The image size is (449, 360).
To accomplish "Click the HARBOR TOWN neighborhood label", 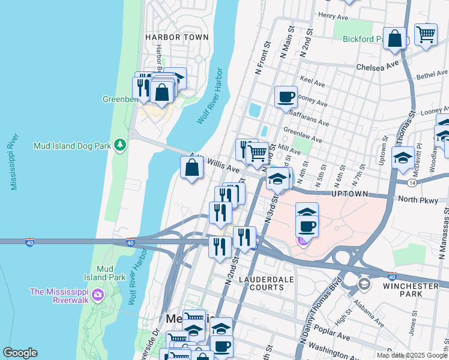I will (x=177, y=37).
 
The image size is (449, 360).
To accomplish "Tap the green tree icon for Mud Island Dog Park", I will (x=121, y=144).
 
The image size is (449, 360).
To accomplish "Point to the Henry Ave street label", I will (x=334, y=16).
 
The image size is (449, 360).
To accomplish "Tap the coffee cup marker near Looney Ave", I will (x=286, y=97).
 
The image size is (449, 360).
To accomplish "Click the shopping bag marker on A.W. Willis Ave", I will (x=191, y=168).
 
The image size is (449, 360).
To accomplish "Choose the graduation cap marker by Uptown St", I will (x=402, y=158).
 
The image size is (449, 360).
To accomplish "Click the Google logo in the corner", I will (x=20, y=353).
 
